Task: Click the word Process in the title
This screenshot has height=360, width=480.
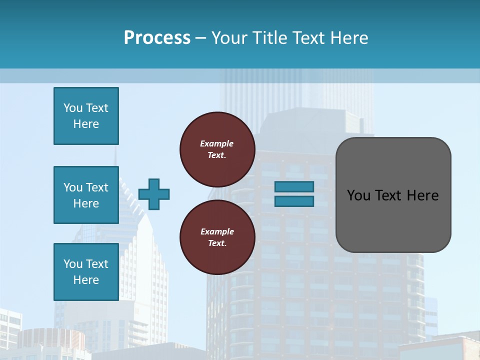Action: [x=157, y=38]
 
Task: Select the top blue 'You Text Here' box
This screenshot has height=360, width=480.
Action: [x=86, y=116]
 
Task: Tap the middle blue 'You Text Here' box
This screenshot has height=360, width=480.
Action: [x=86, y=195]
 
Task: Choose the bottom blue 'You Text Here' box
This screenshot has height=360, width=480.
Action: [x=86, y=271]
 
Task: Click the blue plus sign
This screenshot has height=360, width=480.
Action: [x=154, y=194]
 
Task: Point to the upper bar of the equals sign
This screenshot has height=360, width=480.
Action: [x=294, y=186]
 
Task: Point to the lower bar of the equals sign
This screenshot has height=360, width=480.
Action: [x=294, y=201]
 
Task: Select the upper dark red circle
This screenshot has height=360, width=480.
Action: [x=217, y=149]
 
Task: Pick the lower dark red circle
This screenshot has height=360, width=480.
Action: [x=217, y=237]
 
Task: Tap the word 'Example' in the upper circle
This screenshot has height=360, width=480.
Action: [x=217, y=143]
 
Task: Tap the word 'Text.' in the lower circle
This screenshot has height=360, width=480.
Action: [x=217, y=243]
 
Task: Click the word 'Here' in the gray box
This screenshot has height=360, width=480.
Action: [x=422, y=195]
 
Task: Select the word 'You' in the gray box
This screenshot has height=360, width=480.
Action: [x=358, y=195]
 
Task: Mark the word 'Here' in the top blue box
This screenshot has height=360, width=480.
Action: [x=86, y=124]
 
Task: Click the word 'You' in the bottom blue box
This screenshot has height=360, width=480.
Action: [x=73, y=264]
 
